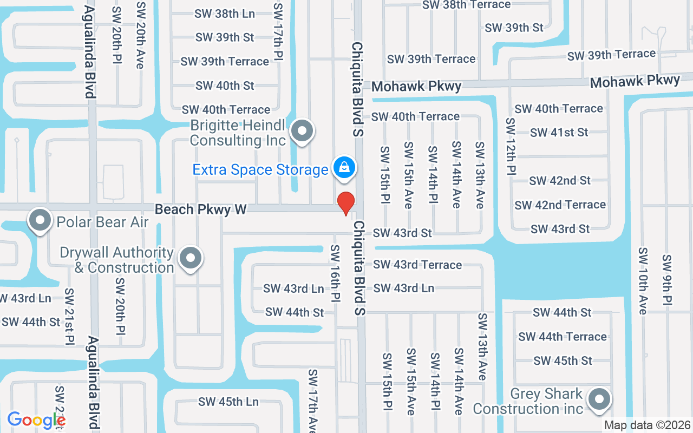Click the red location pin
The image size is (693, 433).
(346, 203)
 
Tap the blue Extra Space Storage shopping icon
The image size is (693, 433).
(344, 168)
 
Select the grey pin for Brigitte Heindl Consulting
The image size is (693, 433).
(302, 131)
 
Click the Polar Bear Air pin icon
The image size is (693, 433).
(40, 220)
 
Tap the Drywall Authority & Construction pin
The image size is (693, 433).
(190, 258)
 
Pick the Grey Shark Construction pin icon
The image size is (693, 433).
(599, 400)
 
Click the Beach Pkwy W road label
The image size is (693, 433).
(200, 209)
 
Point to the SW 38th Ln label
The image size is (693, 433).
(225, 14)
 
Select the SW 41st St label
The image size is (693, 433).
(559, 132)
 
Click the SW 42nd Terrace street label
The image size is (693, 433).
(560, 205)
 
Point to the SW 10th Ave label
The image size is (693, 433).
(643, 281)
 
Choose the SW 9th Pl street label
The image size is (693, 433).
(667, 279)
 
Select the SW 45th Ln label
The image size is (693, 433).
(228, 402)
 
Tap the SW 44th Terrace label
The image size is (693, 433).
(562, 337)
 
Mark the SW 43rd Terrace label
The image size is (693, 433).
(417, 265)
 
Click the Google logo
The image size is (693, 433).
(36, 420)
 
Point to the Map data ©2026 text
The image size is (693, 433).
(647, 425)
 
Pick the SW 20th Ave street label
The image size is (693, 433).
(141, 35)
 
